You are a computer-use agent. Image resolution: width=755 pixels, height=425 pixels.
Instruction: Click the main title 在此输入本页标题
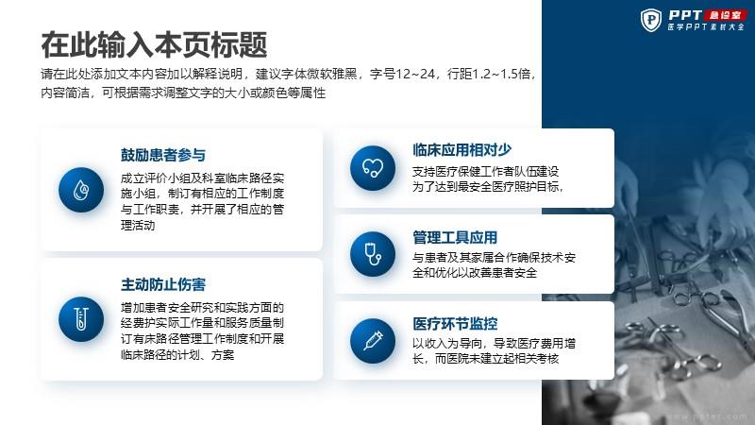click(154, 44)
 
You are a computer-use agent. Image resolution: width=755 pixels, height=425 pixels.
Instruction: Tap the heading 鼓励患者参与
click(162, 155)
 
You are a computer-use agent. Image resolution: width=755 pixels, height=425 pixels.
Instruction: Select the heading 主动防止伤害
click(162, 285)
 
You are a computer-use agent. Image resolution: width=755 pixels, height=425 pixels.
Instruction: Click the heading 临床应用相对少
click(461, 150)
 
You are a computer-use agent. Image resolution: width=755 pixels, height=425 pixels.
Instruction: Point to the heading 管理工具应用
click(455, 237)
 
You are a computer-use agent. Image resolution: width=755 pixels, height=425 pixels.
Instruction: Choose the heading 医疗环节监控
click(455, 323)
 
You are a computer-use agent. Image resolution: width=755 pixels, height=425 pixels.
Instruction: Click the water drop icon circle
click(81, 190)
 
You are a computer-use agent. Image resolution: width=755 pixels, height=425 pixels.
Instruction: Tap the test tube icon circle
click(81, 319)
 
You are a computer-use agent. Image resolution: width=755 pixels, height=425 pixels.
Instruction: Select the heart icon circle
click(373, 168)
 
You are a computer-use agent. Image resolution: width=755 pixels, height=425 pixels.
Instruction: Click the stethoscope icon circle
click(373, 254)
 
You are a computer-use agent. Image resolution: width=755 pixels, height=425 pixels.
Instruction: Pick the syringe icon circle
click(373, 341)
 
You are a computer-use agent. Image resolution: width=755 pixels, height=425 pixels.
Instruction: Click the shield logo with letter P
click(651, 20)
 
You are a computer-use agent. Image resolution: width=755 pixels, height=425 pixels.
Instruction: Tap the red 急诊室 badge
click(725, 15)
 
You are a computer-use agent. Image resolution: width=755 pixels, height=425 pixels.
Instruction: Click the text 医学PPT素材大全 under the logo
click(706, 27)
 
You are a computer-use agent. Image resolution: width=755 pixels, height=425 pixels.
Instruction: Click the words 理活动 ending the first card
click(138, 225)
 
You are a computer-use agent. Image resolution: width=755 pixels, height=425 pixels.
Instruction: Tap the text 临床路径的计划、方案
click(177, 355)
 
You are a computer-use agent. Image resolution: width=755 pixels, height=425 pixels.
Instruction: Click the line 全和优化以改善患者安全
click(475, 273)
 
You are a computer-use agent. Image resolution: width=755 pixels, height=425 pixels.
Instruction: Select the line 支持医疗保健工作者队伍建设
click(485, 172)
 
